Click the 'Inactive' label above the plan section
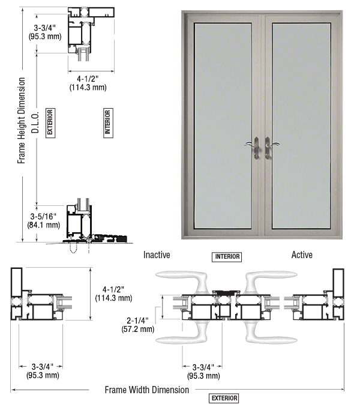click(x=157, y=255)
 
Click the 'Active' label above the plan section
click(x=302, y=255)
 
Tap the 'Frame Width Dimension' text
click(x=147, y=390)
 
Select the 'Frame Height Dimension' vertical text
click(x=22, y=121)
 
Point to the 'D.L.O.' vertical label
click(x=35, y=122)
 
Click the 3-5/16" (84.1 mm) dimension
click(x=44, y=220)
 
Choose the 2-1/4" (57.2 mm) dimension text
click(x=138, y=325)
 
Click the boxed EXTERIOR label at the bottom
click(x=224, y=398)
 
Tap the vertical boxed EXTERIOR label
click(x=50, y=122)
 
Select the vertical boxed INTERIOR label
click(x=108, y=122)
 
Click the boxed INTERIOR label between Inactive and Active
click(x=227, y=257)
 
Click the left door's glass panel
click(x=223, y=125)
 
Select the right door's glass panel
click(x=301, y=125)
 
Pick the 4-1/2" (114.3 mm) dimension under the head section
click(x=88, y=83)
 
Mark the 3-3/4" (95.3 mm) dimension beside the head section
click(x=45, y=32)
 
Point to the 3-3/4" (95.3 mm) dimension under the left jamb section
click(x=43, y=371)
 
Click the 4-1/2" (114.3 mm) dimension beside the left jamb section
click(x=113, y=294)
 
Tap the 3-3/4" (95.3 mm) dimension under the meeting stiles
click(x=203, y=371)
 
